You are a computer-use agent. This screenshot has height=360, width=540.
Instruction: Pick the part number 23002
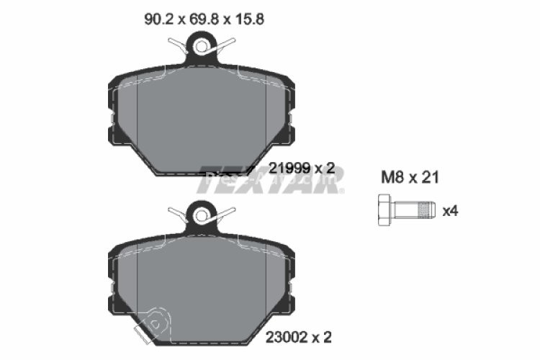tap(288, 336)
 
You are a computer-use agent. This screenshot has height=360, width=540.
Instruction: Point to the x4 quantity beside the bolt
tap(450, 211)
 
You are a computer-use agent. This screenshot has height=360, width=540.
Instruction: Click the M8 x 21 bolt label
tap(409, 177)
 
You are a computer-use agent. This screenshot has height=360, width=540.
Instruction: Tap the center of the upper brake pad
tap(202, 119)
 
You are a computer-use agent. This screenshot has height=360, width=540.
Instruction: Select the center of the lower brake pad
tap(202, 284)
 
